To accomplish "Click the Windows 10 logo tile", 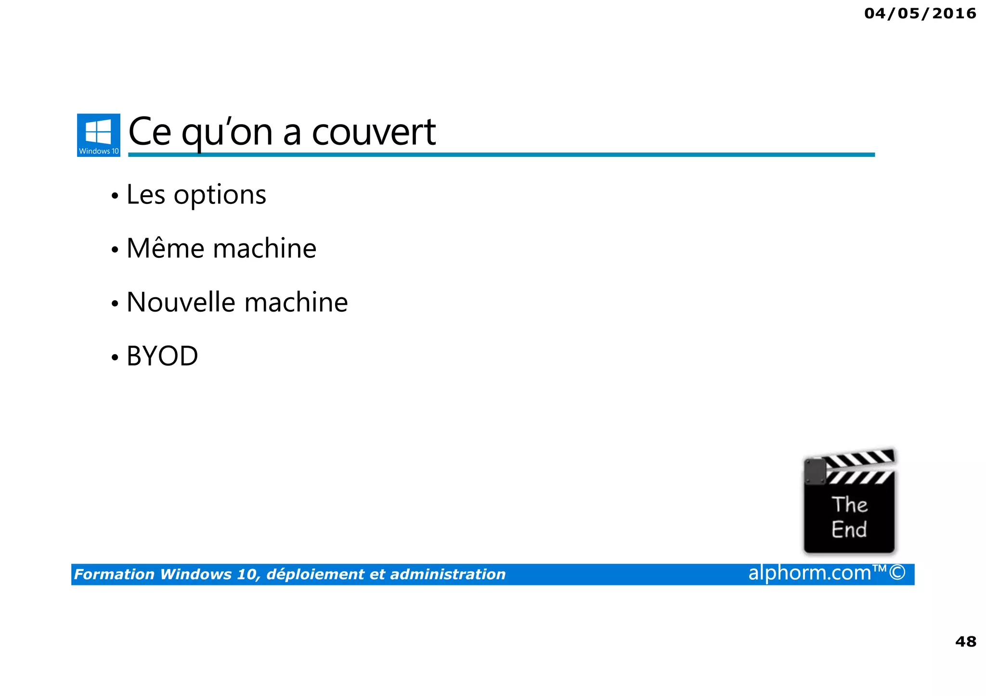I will tap(98, 135).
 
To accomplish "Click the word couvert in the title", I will tap(374, 132).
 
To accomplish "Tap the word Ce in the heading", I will tap(150, 132).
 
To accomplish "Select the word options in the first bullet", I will tap(220, 196).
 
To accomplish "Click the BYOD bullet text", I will tap(162, 356).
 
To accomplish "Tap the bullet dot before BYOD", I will tap(115, 357).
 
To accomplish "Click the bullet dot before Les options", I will tap(115, 196).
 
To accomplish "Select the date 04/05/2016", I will tap(920, 13).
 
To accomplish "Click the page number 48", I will tap(965, 641).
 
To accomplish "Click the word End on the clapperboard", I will tap(849, 530).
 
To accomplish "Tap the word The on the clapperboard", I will tap(849, 505).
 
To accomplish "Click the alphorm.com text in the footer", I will tap(810, 573).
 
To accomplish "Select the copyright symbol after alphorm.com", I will tap(897, 573).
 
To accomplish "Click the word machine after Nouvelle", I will tap(296, 303).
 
